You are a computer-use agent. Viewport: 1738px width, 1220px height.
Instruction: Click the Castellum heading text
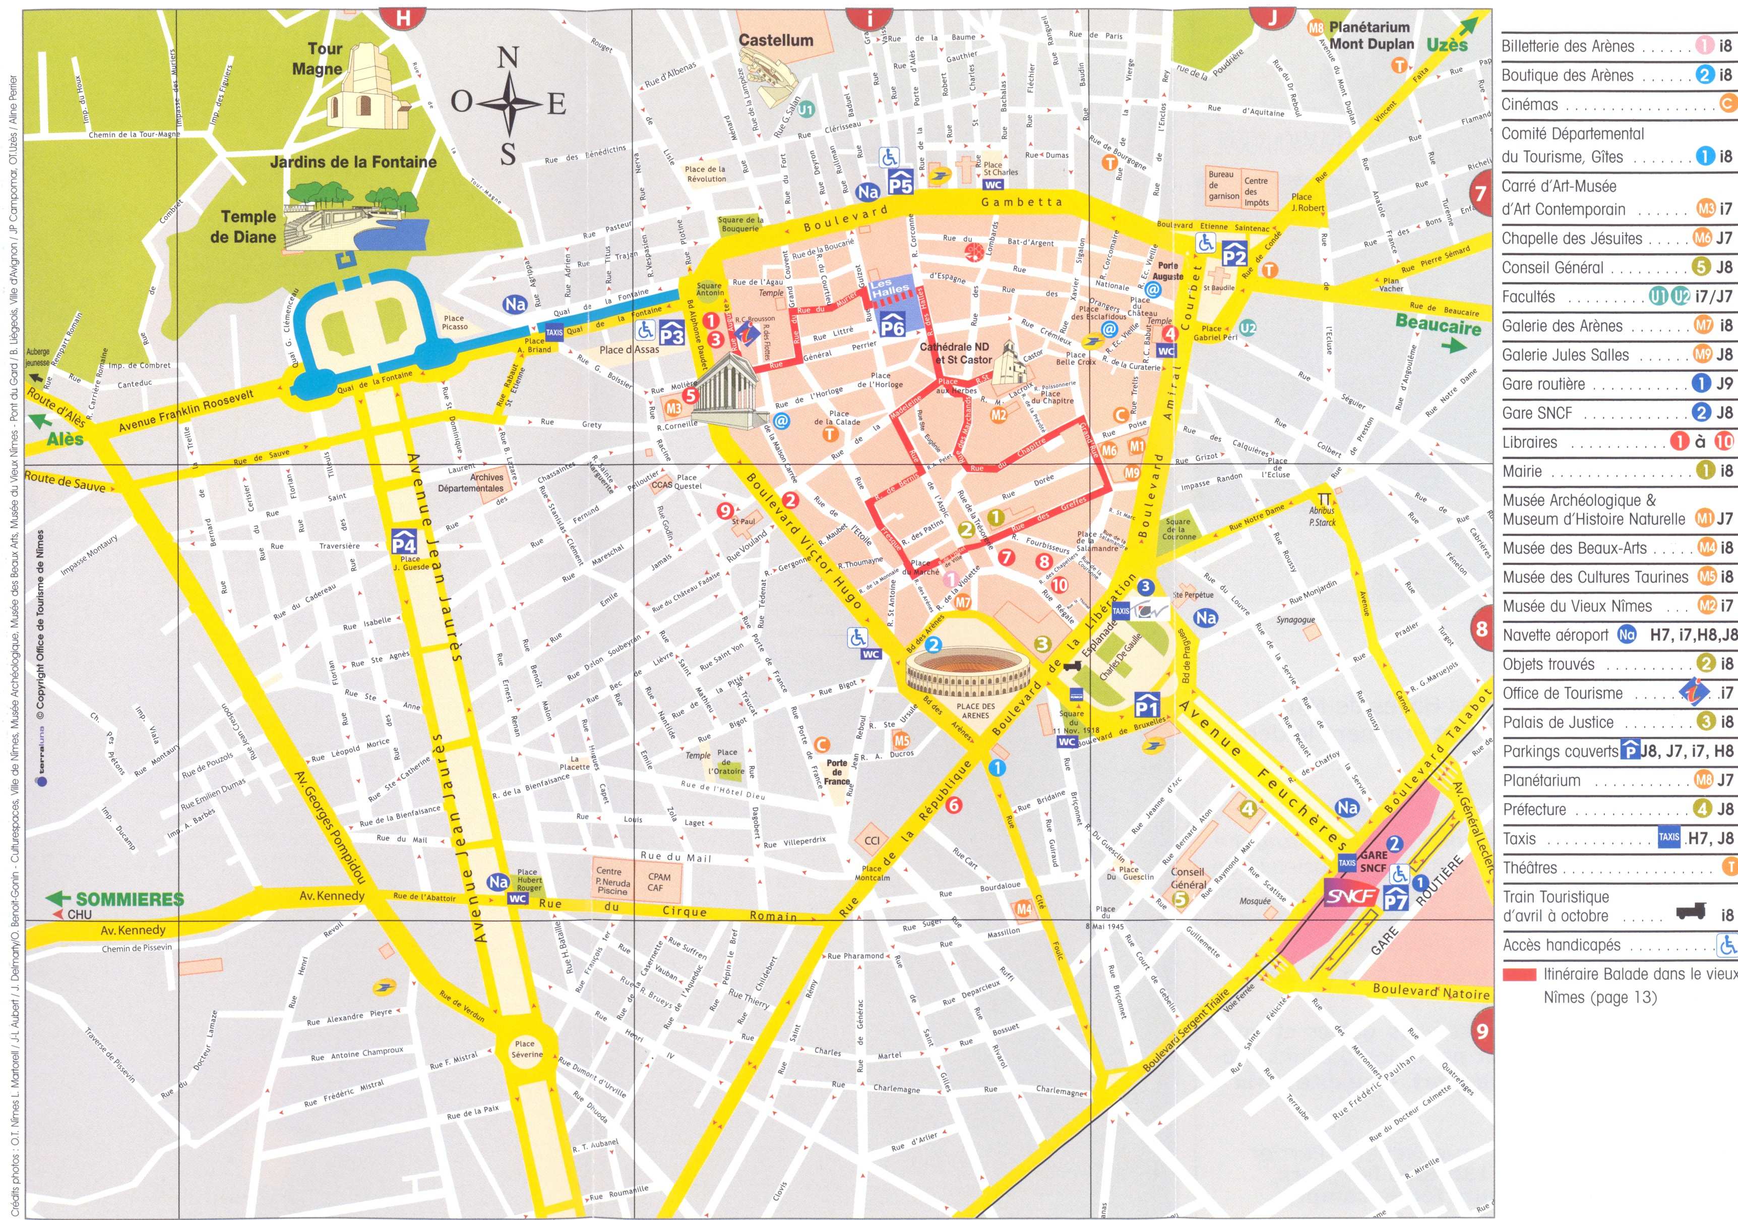coord(775,41)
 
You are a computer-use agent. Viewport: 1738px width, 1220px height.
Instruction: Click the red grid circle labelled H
coord(403,17)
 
